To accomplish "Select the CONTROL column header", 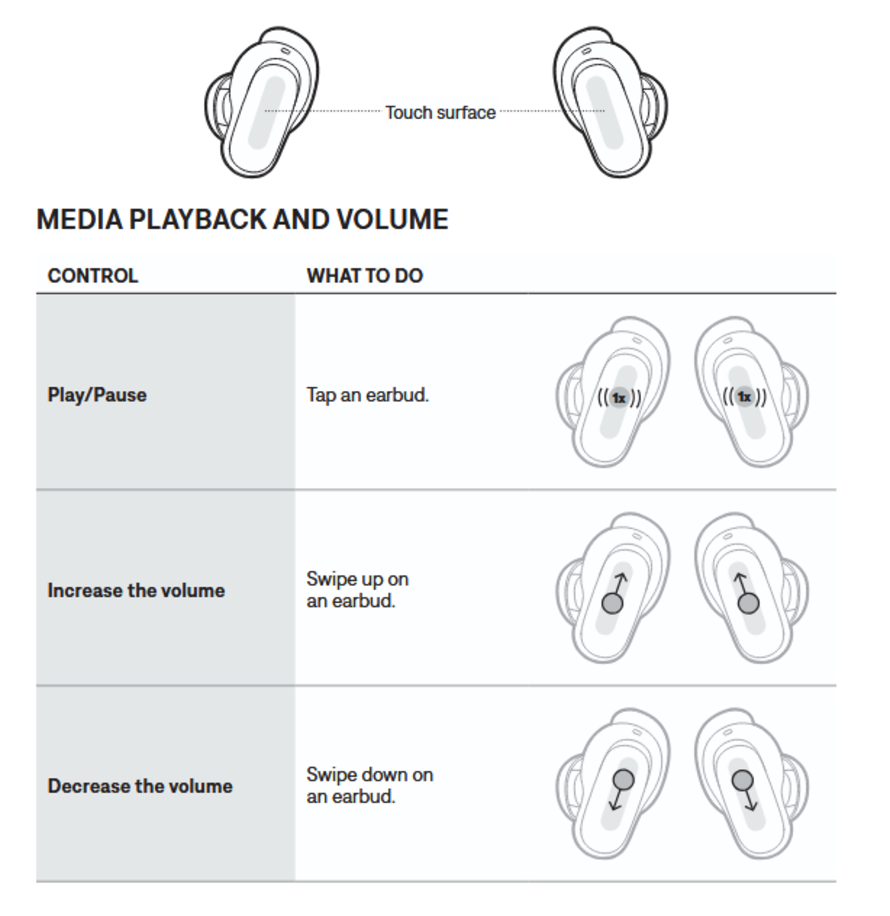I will point(93,276).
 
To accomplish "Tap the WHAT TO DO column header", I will point(365,276).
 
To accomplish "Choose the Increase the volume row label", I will point(136,591).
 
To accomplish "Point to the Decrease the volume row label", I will point(140,786).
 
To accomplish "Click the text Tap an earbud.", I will point(367,395).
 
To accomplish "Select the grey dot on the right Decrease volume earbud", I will point(742,780).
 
